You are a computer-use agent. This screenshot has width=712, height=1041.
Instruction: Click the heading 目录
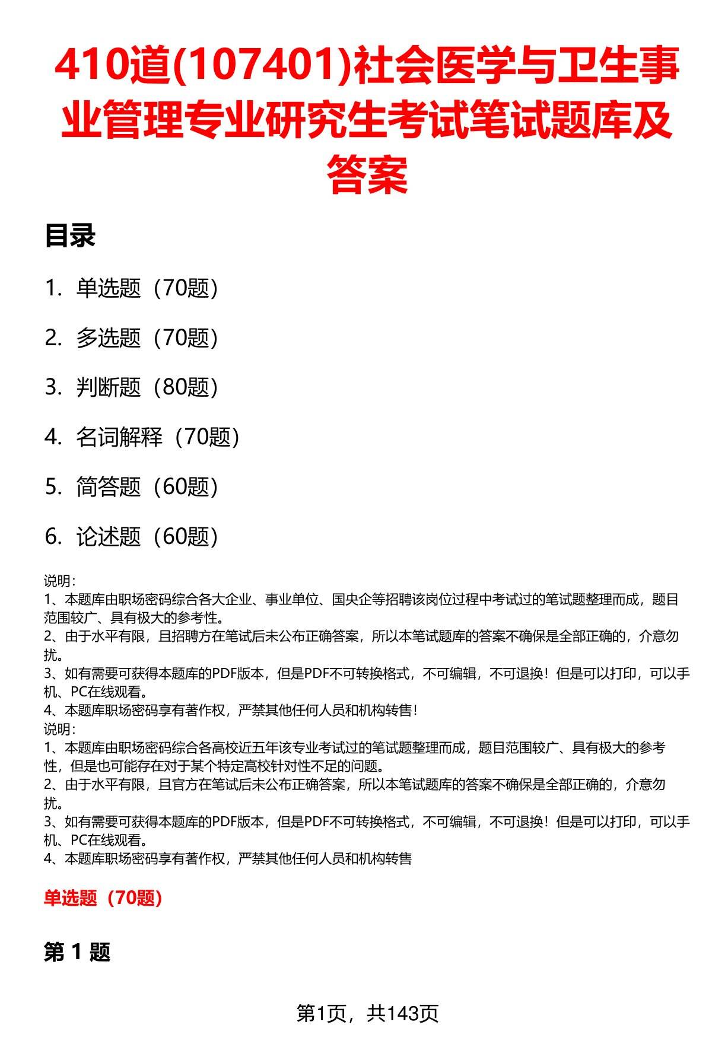(x=70, y=236)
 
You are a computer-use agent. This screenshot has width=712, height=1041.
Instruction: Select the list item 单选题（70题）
(x=147, y=288)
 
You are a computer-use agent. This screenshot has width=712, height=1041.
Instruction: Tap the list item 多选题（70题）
(x=147, y=338)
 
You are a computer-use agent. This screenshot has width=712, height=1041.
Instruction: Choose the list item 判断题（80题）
(x=147, y=388)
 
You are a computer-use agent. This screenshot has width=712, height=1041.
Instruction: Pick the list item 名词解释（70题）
(x=157, y=438)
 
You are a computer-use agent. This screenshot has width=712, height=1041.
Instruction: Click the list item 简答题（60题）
(x=147, y=487)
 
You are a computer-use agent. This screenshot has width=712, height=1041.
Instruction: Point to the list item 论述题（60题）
(x=147, y=537)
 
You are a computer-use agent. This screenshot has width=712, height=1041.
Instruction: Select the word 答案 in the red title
(x=367, y=174)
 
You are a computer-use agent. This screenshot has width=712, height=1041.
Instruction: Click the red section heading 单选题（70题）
(x=103, y=898)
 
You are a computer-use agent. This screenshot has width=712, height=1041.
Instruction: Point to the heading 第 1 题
(x=77, y=953)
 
